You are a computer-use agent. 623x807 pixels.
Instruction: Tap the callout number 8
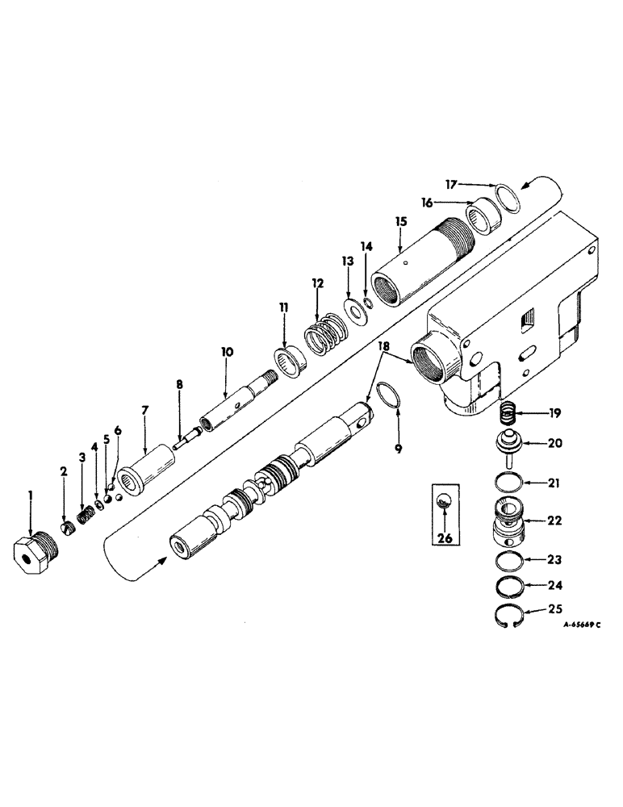(x=180, y=383)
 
